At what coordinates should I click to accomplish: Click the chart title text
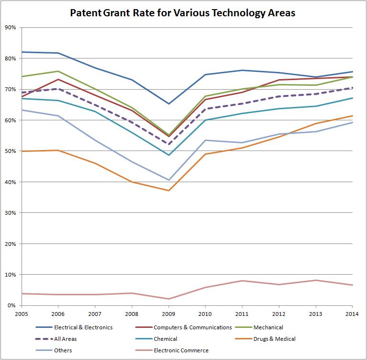point(183,12)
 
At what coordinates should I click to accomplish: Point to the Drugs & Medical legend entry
point(275,339)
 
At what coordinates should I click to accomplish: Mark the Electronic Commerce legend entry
point(181,350)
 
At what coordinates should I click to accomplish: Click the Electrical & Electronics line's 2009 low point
point(168,104)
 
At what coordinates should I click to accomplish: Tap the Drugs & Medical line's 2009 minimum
point(168,190)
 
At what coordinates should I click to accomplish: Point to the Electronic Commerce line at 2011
point(242,281)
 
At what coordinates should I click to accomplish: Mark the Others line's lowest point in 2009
point(168,180)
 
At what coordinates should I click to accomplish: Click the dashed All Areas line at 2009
point(168,144)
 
